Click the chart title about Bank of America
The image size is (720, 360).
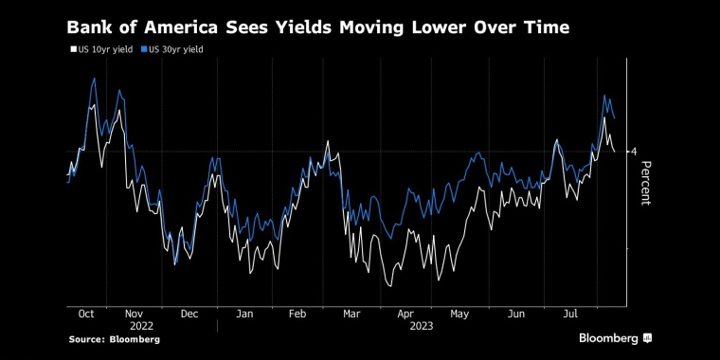click(317, 27)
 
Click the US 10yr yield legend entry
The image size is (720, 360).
click(101, 47)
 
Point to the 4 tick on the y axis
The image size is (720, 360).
click(633, 152)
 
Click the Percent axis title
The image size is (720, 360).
click(646, 184)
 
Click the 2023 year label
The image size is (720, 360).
click(421, 325)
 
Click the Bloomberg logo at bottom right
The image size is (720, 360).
click(616, 338)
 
